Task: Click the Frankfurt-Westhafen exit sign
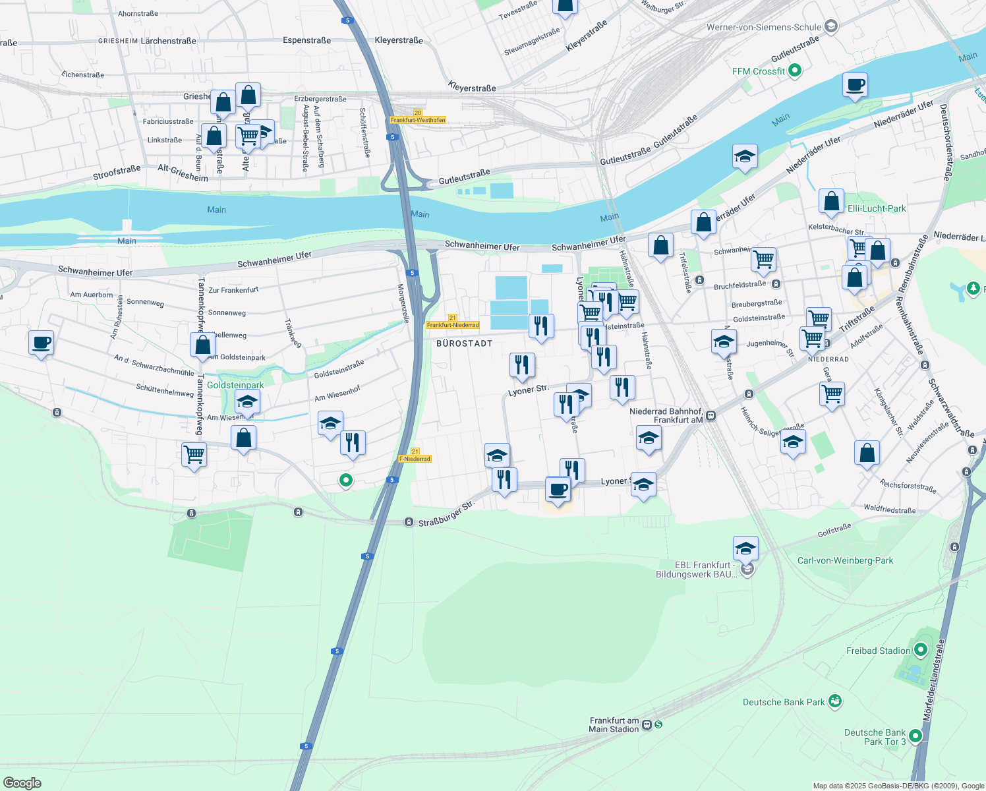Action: [418, 120]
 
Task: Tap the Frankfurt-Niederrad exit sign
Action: [452, 325]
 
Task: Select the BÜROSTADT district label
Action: [465, 343]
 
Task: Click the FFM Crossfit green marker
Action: [795, 71]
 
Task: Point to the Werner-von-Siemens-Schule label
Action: [764, 27]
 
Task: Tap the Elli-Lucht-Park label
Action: [877, 208]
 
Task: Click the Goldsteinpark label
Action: [235, 385]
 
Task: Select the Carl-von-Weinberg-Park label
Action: [845, 560]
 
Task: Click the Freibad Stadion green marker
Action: [921, 651]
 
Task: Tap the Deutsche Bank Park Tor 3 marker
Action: [915, 735]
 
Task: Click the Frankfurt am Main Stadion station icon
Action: [647, 724]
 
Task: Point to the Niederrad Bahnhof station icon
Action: [710, 416]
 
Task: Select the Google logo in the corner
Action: [22, 782]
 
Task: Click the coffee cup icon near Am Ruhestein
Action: [42, 343]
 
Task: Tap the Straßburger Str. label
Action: [446, 514]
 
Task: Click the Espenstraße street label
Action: [306, 40]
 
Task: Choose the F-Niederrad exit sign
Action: [415, 459]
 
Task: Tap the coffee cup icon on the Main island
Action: [855, 85]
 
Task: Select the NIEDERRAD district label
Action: [828, 359]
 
